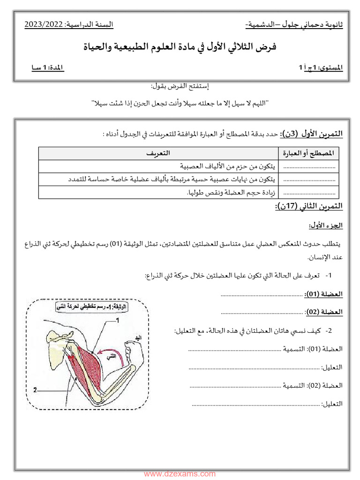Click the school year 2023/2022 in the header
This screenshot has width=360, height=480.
coord(44,24)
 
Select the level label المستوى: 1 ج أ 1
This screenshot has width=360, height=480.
coord(321,68)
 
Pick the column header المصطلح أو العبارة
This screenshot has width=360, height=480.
coord(310,153)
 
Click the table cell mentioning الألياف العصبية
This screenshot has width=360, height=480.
coord(228,166)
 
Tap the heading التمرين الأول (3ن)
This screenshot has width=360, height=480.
coord(312,134)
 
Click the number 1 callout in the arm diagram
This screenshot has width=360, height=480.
coord(118,321)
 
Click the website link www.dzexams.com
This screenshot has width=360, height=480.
coord(180,474)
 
